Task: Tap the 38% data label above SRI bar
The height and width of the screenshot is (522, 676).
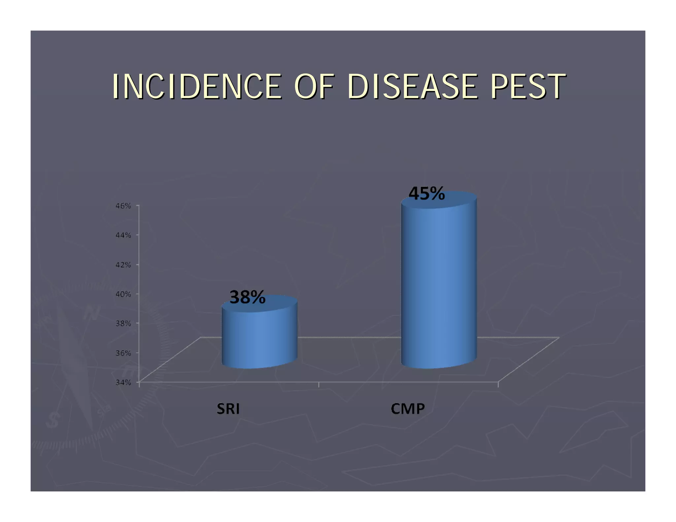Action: click(x=247, y=297)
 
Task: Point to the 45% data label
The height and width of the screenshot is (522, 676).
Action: click(x=426, y=193)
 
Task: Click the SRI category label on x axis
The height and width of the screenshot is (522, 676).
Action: click(x=228, y=409)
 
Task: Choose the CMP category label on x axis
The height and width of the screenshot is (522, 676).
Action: click(x=408, y=409)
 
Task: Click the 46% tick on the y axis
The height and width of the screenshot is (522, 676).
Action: click(x=123, y=206)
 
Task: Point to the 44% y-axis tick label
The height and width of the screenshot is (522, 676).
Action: click(x=123, y=235)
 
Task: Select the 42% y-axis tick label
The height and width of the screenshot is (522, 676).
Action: click(x=123, y=265)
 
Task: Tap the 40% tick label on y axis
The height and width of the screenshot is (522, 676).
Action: click(x=123, y=294)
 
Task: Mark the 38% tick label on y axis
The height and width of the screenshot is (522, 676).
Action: click(x=123, y=323)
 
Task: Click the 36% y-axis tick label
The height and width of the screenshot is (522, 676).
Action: click(x=123, y=353)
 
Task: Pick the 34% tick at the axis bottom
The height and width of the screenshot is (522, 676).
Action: click(x=123, y=382)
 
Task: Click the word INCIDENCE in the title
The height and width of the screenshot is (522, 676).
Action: click(x=197, y=86)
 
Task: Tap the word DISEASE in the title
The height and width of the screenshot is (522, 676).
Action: click(x=412, y=86)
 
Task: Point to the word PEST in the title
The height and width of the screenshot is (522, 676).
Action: click(x=528, y=86)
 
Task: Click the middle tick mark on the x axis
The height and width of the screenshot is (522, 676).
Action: click(x=319, y=384)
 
